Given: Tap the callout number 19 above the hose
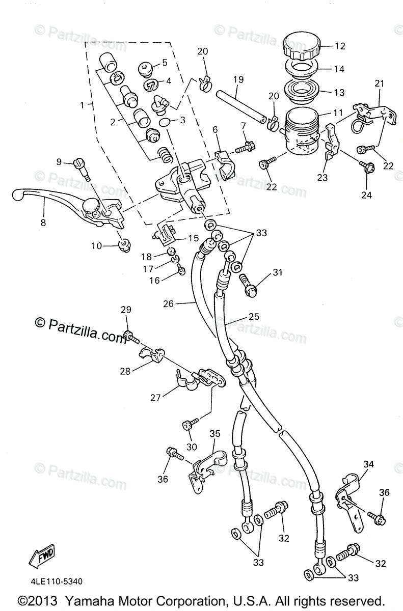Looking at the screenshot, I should (239, 79).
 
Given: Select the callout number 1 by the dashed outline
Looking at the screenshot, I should (82, 105).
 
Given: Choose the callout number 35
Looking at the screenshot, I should (214, 434).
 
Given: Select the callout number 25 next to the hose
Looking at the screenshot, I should (253, 316).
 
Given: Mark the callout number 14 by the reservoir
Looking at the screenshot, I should (339, 69).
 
